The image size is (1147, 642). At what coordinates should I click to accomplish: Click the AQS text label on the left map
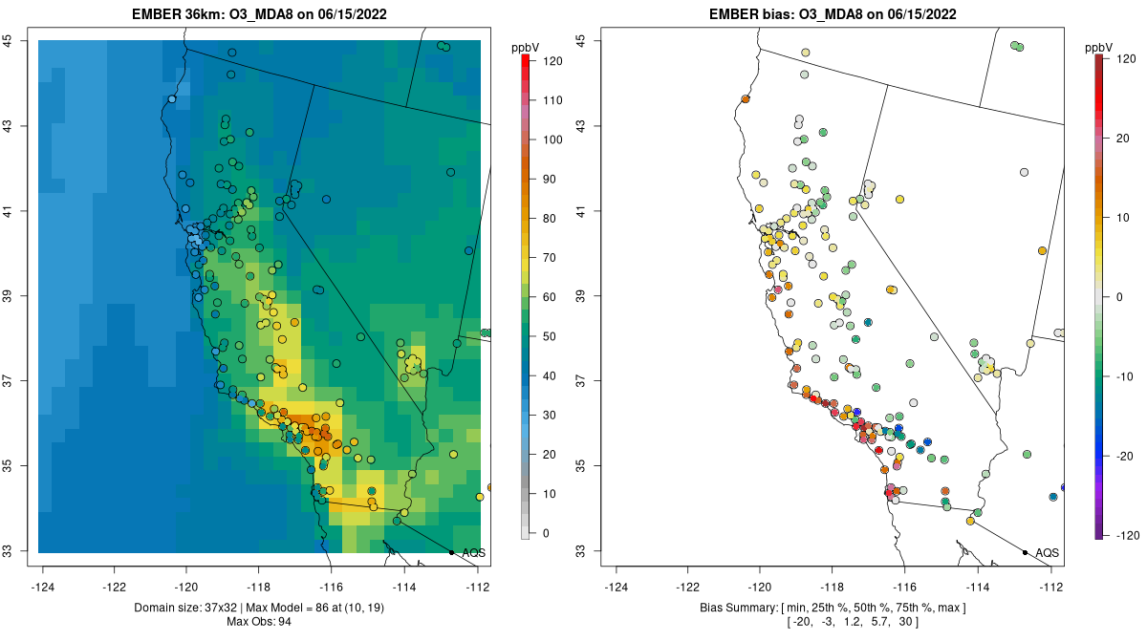473,553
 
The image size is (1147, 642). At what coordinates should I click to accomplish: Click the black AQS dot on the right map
1025,552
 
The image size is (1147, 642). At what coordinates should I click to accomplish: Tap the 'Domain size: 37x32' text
191,608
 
